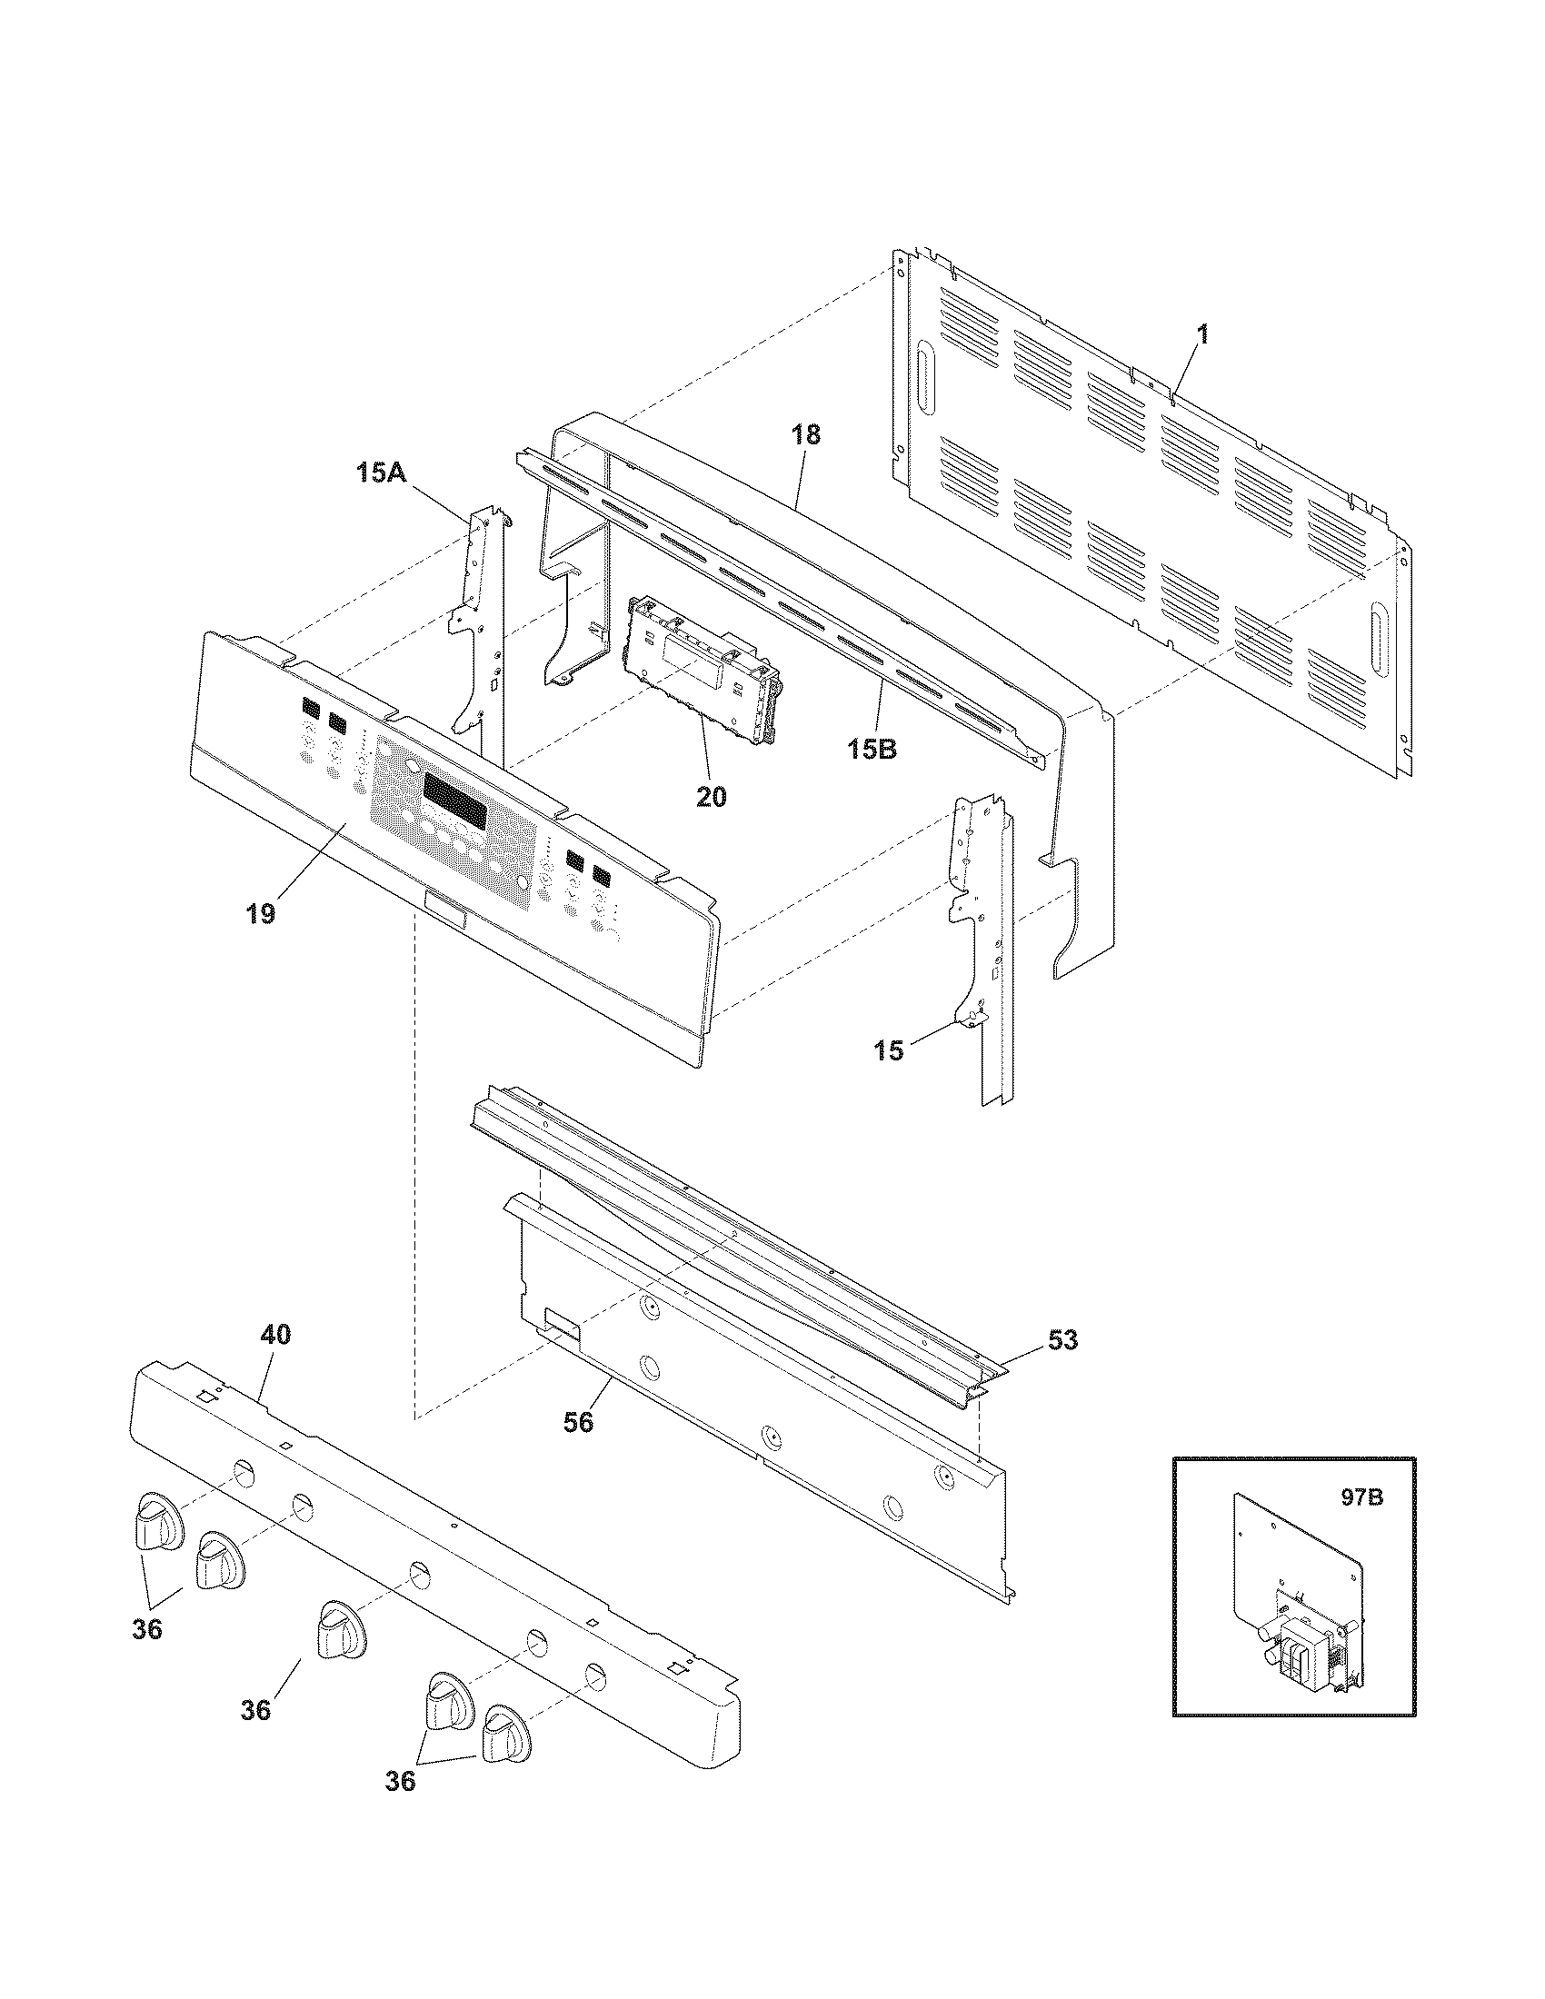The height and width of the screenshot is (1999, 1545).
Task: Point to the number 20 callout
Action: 712,796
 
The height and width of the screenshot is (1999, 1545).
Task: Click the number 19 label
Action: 260,914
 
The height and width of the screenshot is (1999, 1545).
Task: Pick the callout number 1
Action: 1202,335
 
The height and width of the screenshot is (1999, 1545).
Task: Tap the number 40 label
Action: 275,1335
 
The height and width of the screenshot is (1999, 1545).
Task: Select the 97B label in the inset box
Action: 1363,1499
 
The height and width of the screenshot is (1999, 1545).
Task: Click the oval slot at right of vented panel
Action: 1375,632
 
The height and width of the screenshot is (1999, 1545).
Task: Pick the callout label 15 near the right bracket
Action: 888,1049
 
